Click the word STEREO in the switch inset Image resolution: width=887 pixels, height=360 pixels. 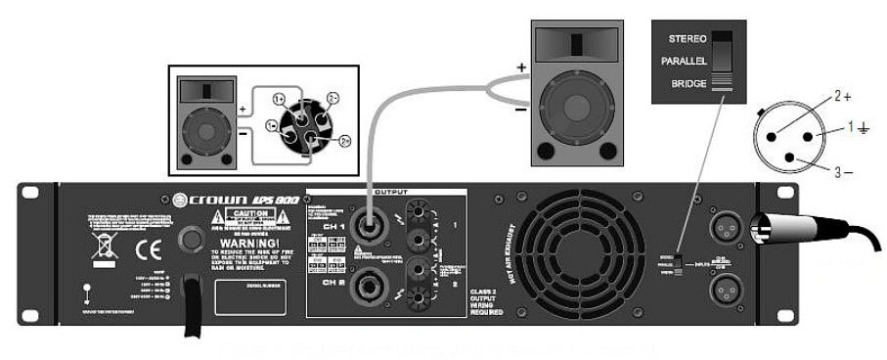coord(687,38)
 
